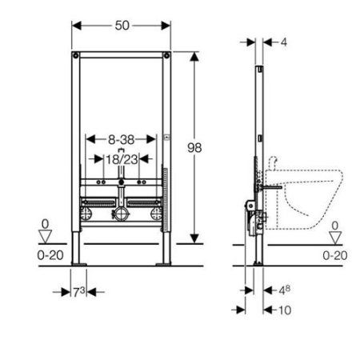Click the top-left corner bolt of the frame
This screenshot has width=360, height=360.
pos(75,57)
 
